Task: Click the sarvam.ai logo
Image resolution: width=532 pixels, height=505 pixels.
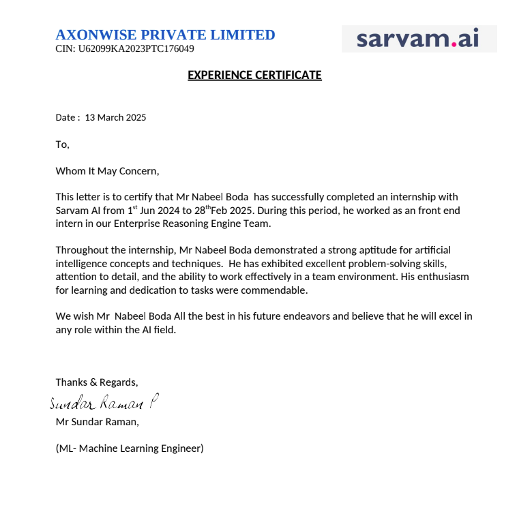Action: (418, 39)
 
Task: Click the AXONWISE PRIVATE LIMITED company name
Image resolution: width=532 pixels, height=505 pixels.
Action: (165, 35)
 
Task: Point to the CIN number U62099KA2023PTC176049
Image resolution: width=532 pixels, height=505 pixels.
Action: (125, 49)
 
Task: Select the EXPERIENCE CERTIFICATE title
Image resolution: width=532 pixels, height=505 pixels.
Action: (254, 75)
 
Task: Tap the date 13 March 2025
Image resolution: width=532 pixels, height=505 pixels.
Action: (115, 117)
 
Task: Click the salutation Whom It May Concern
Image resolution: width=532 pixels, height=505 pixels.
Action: (107, 170)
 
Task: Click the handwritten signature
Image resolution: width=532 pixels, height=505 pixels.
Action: (104, 403)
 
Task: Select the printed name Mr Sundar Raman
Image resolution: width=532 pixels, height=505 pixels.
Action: (97, 421)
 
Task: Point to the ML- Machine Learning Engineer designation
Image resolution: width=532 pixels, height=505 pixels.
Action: (130, 448)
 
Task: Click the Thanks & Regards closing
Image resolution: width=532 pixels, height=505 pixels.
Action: (97, 382)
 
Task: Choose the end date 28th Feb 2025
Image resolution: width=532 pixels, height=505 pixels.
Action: (227, 210)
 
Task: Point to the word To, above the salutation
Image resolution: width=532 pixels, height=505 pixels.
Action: (62, 144)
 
